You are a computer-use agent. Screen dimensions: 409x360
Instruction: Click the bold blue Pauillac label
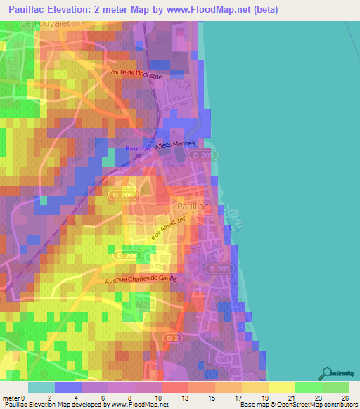(x=139, y=149)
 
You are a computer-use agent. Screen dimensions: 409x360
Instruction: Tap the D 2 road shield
(x=172, y=338)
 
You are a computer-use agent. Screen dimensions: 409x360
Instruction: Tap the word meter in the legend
(x=12, y=397)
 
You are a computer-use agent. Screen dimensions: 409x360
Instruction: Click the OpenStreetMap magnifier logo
(x=328, y=372)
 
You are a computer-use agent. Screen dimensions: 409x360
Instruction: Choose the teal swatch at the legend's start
(x=41, y=387)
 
